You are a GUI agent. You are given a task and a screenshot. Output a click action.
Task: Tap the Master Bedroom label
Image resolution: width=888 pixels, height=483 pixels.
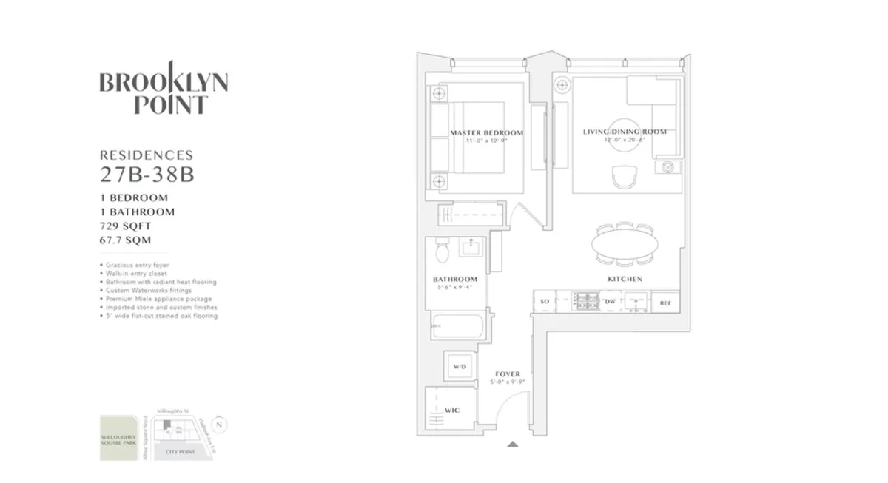pos(486,133)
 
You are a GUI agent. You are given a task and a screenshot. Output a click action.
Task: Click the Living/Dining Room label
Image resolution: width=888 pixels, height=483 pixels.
pos(625,132)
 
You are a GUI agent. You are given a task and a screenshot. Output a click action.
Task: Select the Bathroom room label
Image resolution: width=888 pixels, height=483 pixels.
pos(455,279)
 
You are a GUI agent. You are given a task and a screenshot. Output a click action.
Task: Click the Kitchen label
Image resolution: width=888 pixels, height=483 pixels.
pos(625,279)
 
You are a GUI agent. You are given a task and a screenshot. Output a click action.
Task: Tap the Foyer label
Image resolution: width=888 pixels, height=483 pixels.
pos(508,374)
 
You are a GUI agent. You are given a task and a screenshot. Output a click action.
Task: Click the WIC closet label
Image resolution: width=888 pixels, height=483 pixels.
pos(452,408)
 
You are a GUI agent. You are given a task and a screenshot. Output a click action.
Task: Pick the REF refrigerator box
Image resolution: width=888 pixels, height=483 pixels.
pos(665,302)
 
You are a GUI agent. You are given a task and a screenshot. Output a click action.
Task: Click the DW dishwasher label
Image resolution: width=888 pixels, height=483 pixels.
pos(610,302)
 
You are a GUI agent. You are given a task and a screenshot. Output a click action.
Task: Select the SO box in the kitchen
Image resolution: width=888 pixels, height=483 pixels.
pos(545,302)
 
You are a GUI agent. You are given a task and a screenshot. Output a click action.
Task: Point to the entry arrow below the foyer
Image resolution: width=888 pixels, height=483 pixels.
pos(512,445)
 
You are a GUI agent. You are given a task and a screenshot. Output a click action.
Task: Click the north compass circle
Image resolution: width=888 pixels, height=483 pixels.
pos(219,425)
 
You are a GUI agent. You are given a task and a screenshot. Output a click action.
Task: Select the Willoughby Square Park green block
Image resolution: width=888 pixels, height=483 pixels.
pos(118,438)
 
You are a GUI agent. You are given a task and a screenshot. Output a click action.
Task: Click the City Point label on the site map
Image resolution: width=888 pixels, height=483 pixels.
pos(180,451)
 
